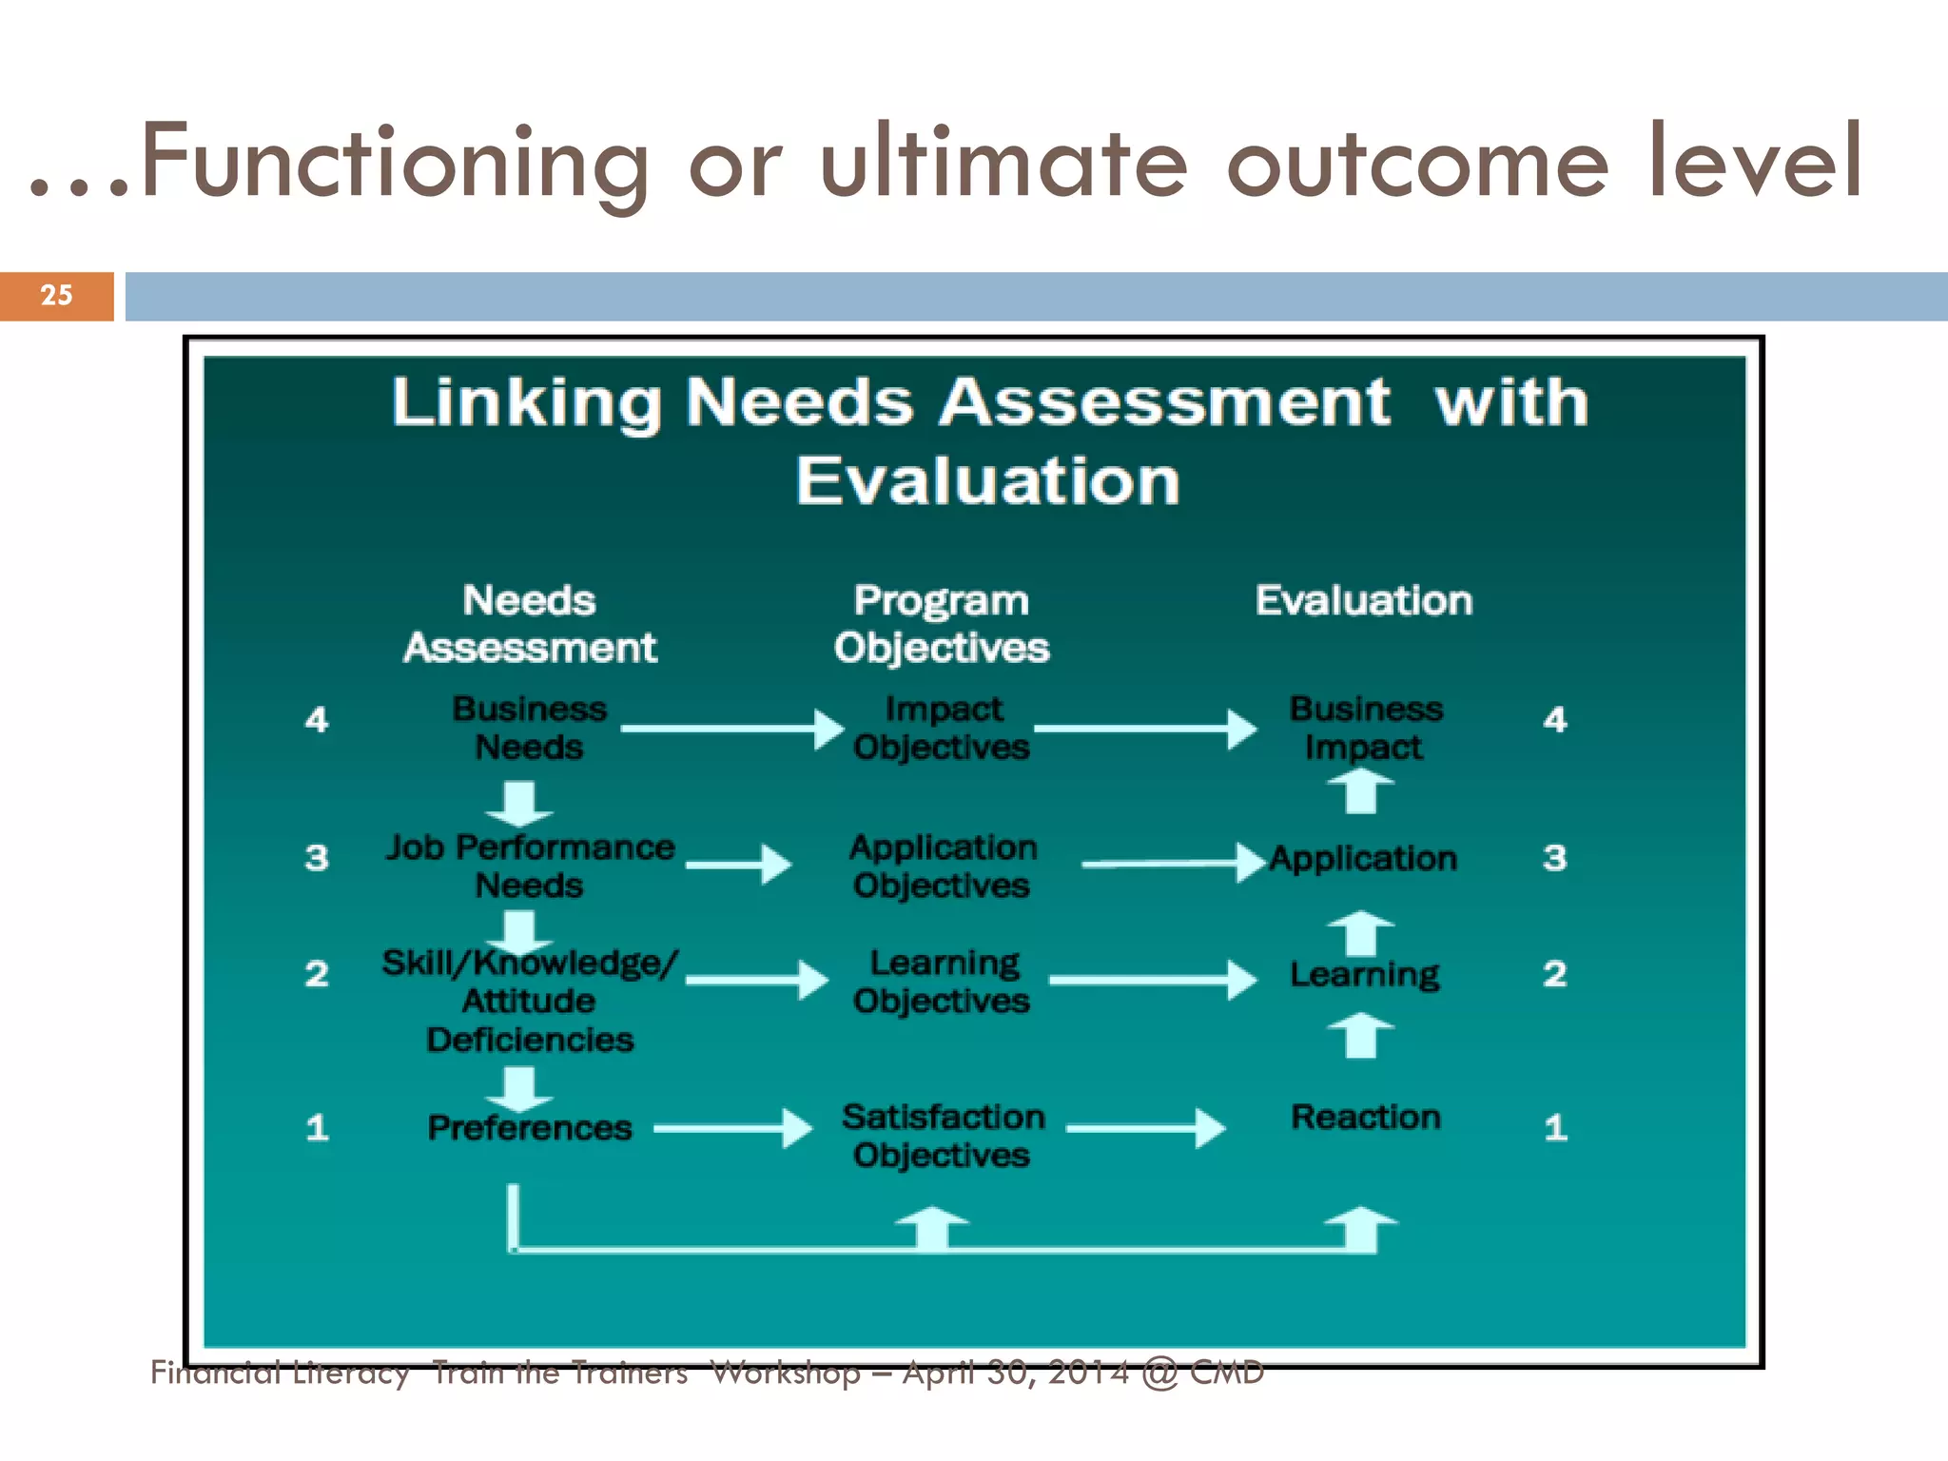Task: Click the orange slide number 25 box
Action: click(x=56, y=296)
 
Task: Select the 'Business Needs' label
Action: click(x=529, y=728)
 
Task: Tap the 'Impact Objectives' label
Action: click(x=942, y=728)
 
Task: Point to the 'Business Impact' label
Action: click(x=1365, y=728)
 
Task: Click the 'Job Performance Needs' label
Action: click(x=529, y=866)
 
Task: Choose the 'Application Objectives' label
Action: click(x=942, y=866)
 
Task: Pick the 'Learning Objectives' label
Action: click(x=942, y=982)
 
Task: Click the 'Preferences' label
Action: click(x=529, y=1128)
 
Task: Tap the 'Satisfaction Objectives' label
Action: click(x=942, y=1136)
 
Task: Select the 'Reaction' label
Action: click(x=1365, y=1117)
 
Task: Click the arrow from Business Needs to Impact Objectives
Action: click(x=730, y=730)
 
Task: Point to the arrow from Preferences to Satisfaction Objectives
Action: click(x=732, y=1129)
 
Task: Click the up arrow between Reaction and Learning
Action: click(x=1361, y=1036)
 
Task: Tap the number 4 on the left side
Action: click(x=317, y=720)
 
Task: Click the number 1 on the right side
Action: click(x=1555, y=1128)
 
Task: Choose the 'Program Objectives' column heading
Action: click(x=942, y=624)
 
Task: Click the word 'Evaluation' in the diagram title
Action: click(x=987, y=481)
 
